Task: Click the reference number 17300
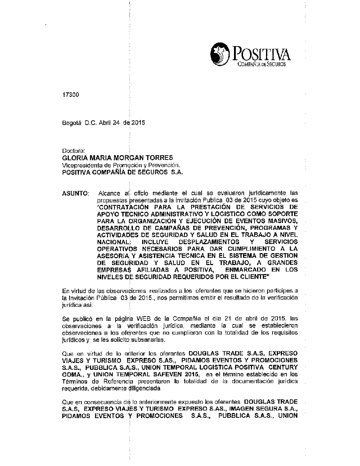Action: click(70, 95)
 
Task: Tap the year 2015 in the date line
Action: click(138, 122)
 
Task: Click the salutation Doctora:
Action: click(73, 151)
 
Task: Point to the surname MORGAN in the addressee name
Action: click(128, 157)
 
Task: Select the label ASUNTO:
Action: click(76, 193)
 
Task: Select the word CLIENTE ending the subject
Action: click(254, 277)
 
